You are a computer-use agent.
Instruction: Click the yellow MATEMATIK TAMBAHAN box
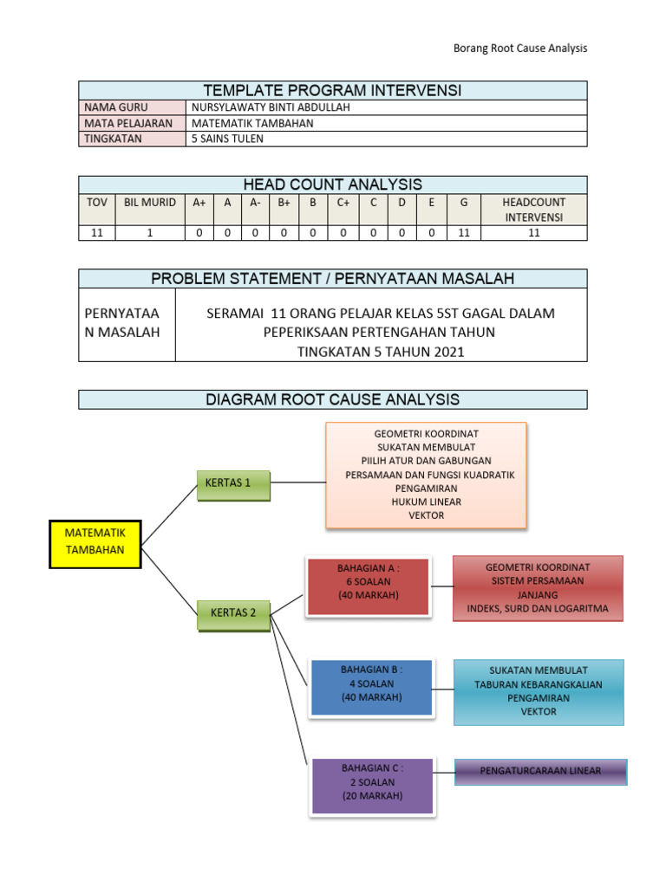(x=95, y=544)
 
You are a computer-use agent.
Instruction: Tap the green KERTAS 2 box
(x=233, y=613)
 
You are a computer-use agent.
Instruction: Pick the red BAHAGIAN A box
(x=369, y=586)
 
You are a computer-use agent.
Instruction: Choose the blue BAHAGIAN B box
(x=371, y=688)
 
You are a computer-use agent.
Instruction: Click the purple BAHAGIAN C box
(x=371, y=786)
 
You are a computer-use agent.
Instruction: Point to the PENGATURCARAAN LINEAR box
(x=541, y=771)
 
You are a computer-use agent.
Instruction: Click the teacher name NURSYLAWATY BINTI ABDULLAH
(x=258, y=107)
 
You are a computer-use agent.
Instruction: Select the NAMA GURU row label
(x=116, y=107)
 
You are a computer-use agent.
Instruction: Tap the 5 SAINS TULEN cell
(x=227, y=139)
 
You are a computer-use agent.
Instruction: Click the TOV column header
(x=97, y=203)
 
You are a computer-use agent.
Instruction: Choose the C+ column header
(x=343, y=203)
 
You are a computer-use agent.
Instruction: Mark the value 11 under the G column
(x=464, y=233)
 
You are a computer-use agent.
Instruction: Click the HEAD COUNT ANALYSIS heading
(x=333, y=185)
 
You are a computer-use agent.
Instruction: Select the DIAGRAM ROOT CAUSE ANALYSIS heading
(x=333, y=399)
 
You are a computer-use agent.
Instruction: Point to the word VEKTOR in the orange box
(x=426, y=515)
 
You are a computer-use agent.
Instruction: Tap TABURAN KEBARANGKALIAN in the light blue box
(x=539, y=683)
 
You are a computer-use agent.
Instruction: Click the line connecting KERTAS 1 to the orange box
(x=298, y=482)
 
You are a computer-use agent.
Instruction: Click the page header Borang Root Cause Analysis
(x=520, y=49)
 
